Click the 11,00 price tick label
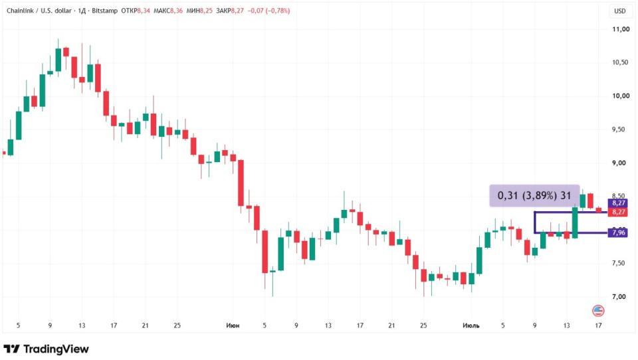pyautogui.click(x=621, y=29)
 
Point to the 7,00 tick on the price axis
pyautogui.click(x=619, y=296)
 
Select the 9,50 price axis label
pyautogui.click(x=619, y=130)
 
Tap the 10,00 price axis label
pyautogui.click(x=621, y=96)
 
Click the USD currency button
pyautogui.click(x=619, y=11)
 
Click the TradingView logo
pyautogui.click(x=46, y=349)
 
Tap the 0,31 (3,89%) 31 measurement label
pyautogui.click(x=534, y=196)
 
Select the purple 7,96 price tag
pyautogui.click(x=618, y=232)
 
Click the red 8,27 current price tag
pyautogui.click(x=618, y=212)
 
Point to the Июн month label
pyautogui.click(x=233, y=325)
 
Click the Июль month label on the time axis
pyautogui.click(x=471, y=325)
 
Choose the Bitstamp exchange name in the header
pyautogui.click(x=104, y=11)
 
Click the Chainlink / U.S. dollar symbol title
pyautogui.click(x=39, y=11)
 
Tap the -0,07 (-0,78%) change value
pyautogui.click(x=269, y=11)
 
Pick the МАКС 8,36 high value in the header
pyautogui.click(x=168, y=11)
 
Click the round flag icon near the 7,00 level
pyautogui.click(x=598, y=312)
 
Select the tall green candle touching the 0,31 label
pyautogui.click(x=575, y=223)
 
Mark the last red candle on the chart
pyautogui.click(x=599, y=210)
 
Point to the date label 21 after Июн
pyautogui.click(x=391, y=325)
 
